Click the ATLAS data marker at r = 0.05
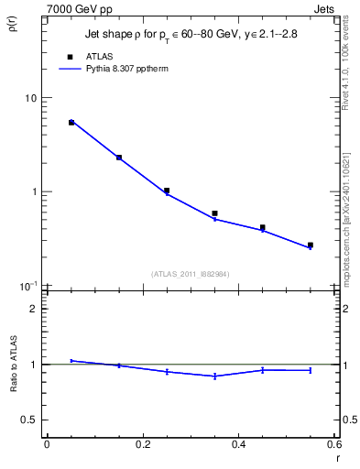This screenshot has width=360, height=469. [71, 122]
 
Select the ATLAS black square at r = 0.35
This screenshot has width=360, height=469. [214, 213]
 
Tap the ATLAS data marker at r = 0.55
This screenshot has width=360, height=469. [311, 245]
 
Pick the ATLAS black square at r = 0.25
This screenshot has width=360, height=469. [167, 191]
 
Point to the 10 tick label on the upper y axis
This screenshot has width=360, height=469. [30, 98]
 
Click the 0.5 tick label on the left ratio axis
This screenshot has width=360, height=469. [29, 420]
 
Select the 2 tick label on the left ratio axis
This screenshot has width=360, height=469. [33, 309]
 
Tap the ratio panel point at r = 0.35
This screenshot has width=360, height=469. [214, 376]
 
